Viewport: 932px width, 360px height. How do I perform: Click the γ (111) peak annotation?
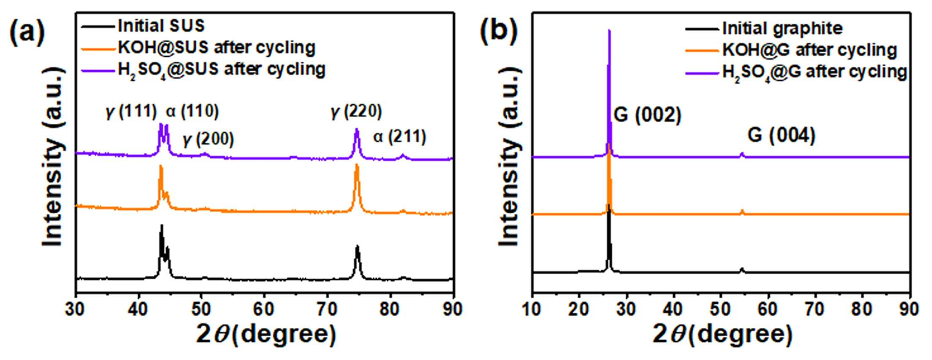click(x=131, y=111)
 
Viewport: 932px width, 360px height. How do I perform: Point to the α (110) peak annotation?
click(x=192, y=111)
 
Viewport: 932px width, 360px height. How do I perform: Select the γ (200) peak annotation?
click(x=208, y=139)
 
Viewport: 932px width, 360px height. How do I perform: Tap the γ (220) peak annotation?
click(x=356, y=111)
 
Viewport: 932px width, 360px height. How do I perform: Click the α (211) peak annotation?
click(x=399, y=136)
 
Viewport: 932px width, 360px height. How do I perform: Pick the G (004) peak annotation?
click(x=781, y=135)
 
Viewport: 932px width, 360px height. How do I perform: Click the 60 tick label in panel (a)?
click(x=263, y=309)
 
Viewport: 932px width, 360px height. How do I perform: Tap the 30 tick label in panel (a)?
click(x=75, y=309)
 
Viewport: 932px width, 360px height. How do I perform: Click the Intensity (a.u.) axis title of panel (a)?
click(x=54, y=156)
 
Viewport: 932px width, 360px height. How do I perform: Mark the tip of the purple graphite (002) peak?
click(x=609, y=30)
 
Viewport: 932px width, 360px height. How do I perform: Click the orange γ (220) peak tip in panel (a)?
click(x=357, y=164)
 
